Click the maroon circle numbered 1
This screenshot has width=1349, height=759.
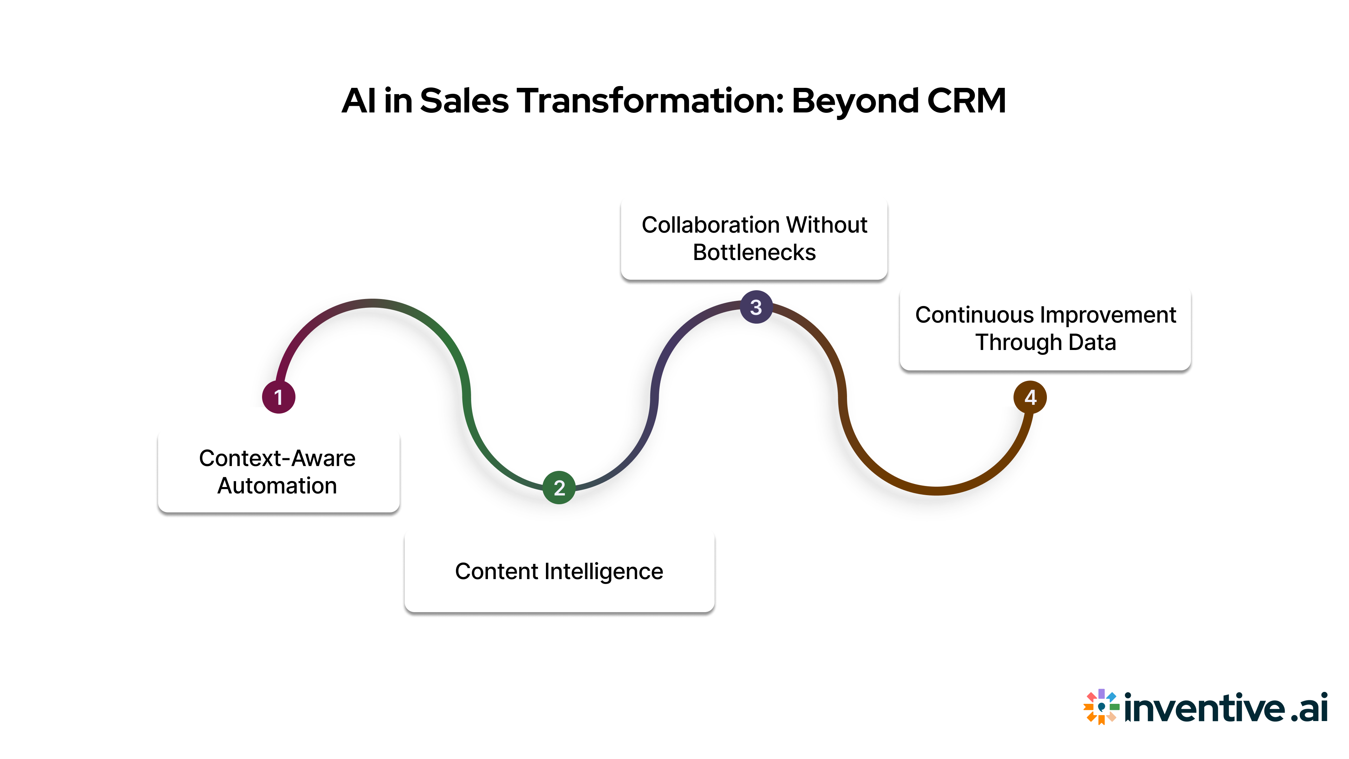coord(279,397)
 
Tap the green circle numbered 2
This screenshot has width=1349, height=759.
coord(559,488)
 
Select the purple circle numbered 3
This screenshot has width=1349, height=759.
coord(756,307)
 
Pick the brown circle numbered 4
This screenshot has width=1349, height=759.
coord(1030,397)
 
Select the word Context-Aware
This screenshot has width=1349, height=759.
coord(277,458)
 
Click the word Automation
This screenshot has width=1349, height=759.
coord(277,486)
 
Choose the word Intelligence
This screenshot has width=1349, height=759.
coord(603,571)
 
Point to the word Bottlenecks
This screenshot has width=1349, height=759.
coord(754,253)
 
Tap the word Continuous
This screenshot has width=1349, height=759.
coord(974,315)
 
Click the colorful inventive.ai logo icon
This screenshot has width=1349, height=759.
coord(1101,707)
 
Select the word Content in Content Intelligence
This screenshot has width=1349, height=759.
coord(496,571)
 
